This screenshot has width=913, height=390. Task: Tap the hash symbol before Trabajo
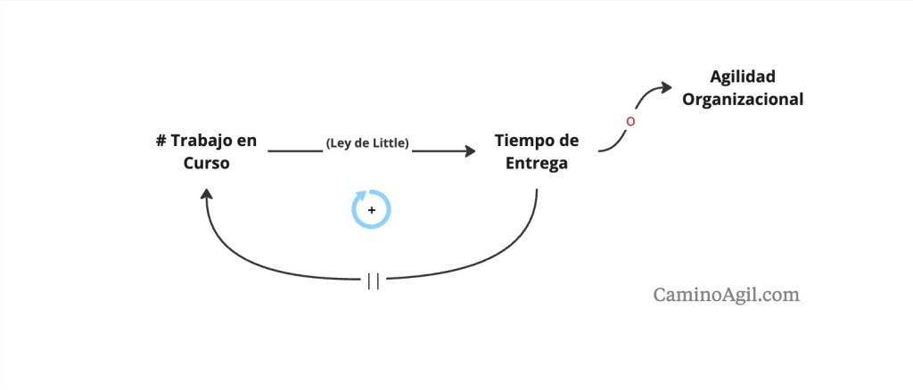161,142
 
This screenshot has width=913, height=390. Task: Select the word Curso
207,164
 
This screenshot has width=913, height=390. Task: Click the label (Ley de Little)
366,143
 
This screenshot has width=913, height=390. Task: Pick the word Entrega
536,164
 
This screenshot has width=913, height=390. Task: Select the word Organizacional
743,100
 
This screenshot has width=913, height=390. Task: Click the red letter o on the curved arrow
630,122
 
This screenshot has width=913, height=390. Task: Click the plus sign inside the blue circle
372,209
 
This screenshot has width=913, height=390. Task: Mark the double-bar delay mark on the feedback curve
374,281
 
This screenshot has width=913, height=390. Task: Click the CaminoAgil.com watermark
726,295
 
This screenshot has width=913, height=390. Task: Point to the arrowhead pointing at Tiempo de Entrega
469,151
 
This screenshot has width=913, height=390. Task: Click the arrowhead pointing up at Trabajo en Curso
206,193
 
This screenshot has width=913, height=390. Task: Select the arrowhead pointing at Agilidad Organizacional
665,87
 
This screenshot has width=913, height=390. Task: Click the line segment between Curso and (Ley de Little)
295,151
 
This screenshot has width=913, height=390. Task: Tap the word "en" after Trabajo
248,142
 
